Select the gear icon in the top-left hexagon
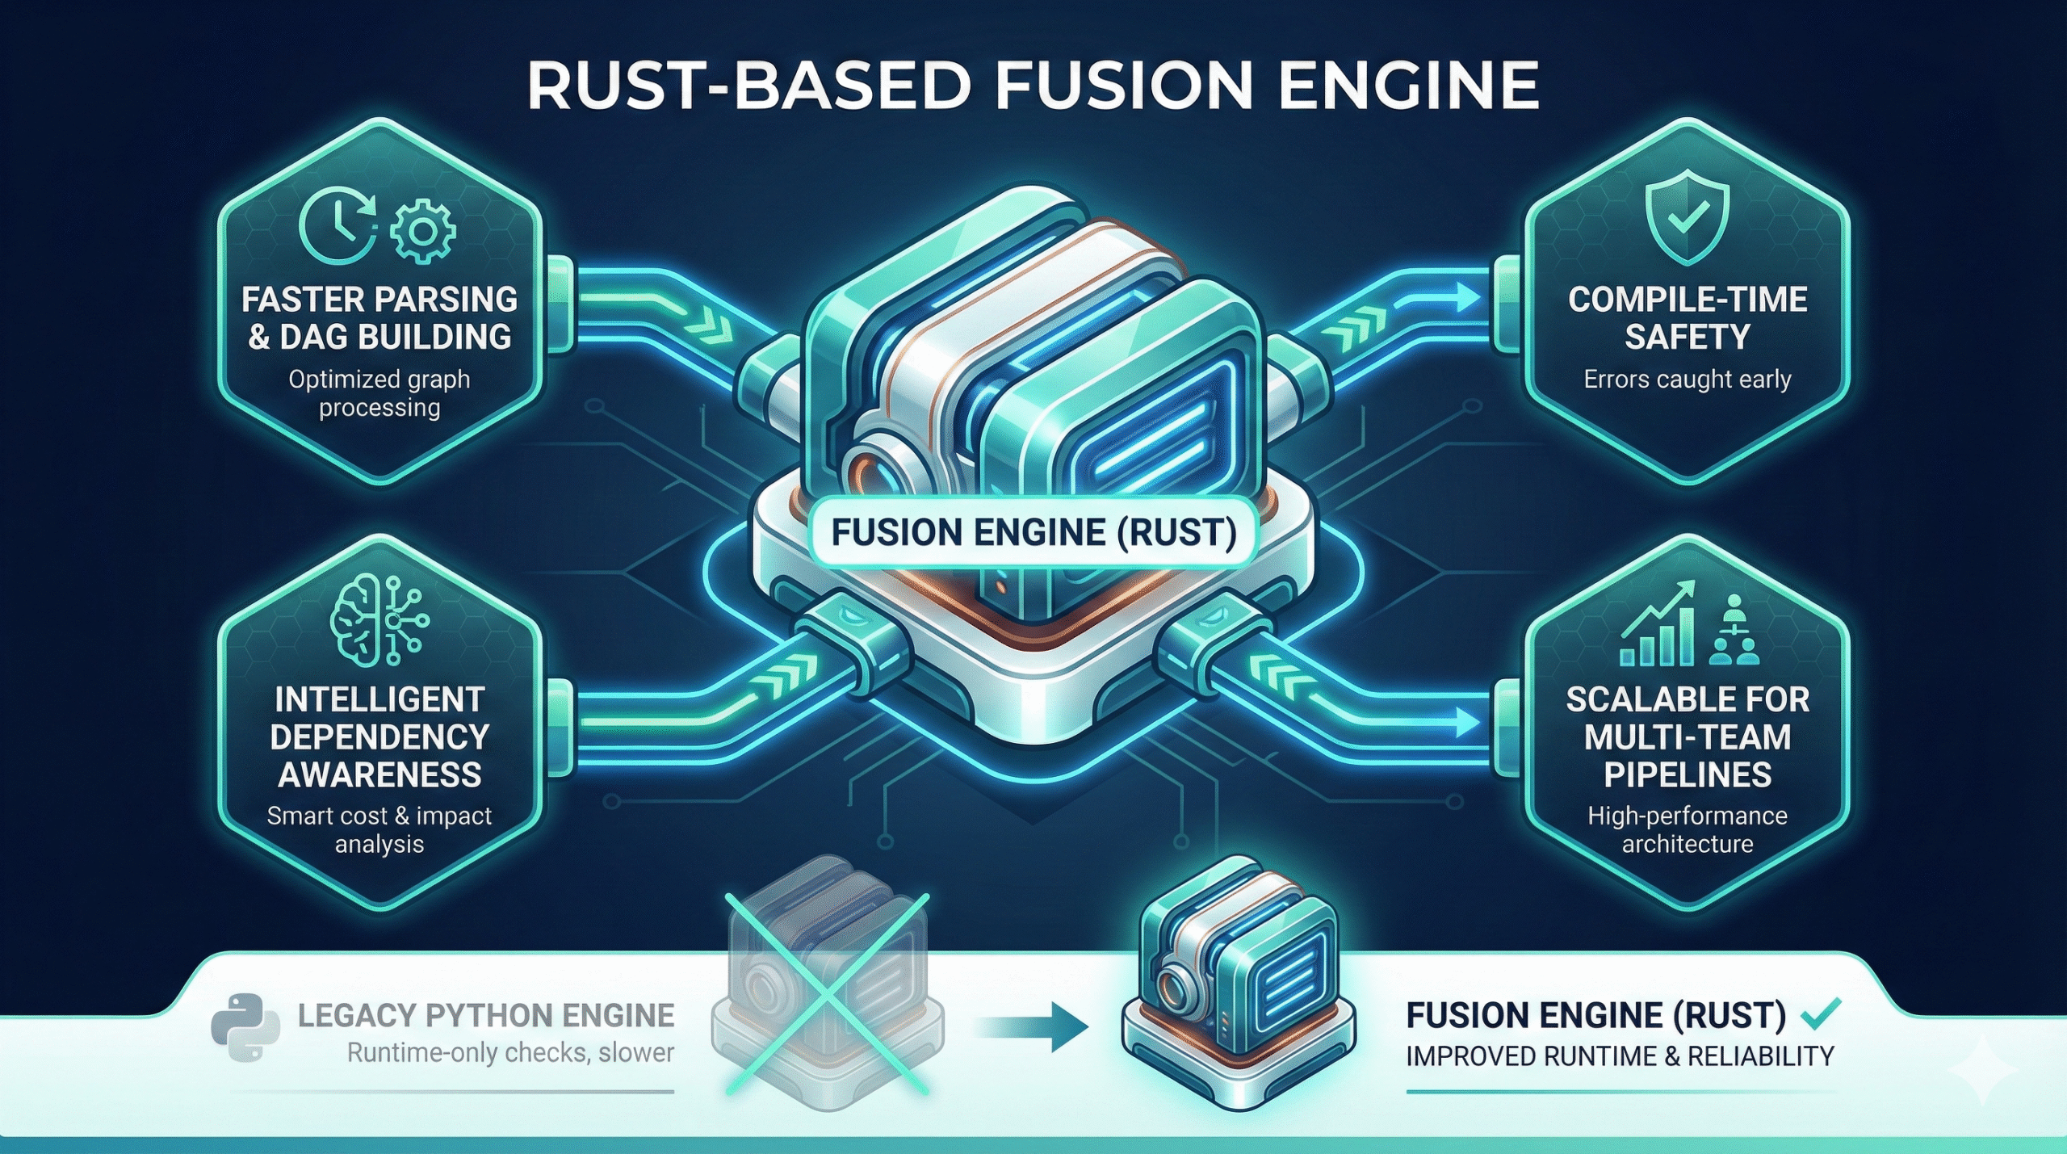pyautogui.click(x=422, y=232)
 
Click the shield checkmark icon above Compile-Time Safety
pyautogui.click(x=1687, y=219)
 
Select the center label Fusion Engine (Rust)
pyautogui.click(x=1033, y=533)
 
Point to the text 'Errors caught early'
pyautogui.click(x=1687, y=379)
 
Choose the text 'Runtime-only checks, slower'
pyautogui.click(x=510, y=1053)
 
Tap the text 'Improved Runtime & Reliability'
pyautogui.click(x=1620, y=1056)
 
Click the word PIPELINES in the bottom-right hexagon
pyautogui.click(x=1688, y=774)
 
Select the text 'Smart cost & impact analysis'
pyautogui.click(x=379, y=829)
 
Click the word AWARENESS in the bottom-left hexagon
pyautogui.click(x=379, y=774)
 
